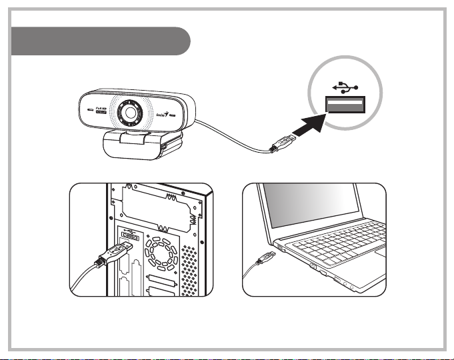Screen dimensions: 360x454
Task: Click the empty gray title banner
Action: [101, 41]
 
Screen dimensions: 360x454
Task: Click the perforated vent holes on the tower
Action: [189, 267]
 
